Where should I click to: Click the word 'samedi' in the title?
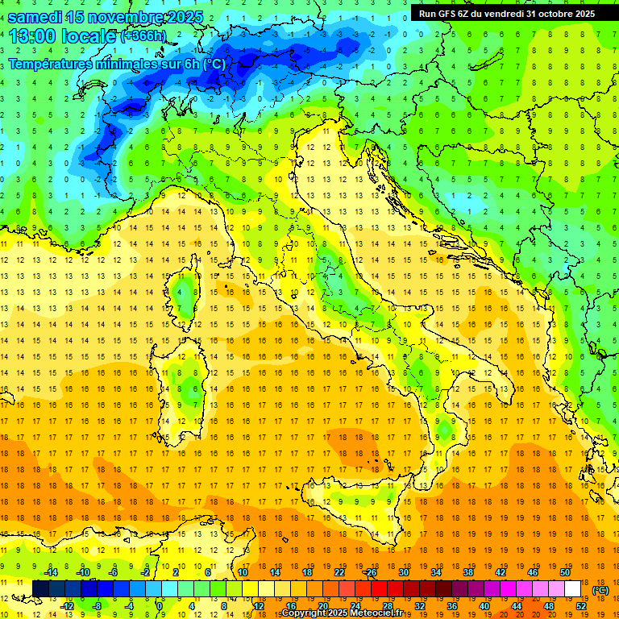37,17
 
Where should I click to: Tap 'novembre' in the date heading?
128,17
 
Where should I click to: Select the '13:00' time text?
33,36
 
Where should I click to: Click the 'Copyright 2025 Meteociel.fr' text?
347,613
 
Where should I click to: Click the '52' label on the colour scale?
581,606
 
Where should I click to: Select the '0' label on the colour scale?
160,606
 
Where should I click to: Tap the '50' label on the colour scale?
565,572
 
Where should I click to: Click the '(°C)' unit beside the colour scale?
600,589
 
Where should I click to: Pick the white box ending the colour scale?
573,588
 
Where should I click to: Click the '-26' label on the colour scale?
370,572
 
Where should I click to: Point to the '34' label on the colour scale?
436,572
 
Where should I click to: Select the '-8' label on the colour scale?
98,606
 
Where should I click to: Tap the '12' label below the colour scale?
259,606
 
